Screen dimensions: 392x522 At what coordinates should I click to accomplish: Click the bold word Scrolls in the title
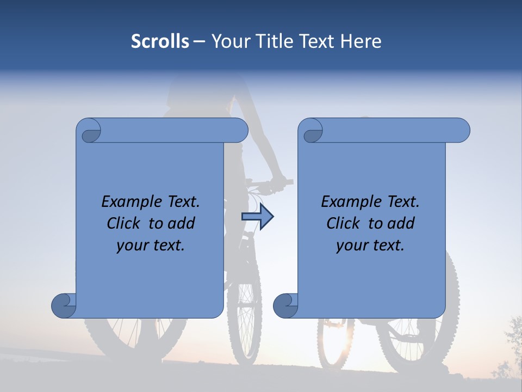coord(160,41)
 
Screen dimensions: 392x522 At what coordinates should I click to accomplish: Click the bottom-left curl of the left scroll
coord(64,305)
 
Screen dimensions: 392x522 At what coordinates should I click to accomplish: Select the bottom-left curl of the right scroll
coord(286,305)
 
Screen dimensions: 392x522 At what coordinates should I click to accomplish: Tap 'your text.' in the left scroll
coord(151,246)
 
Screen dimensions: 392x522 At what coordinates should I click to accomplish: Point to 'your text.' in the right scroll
coord(370,246)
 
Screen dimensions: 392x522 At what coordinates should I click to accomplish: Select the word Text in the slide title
coord(315,41)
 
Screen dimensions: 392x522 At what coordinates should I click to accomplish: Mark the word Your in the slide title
coord(228,41)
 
